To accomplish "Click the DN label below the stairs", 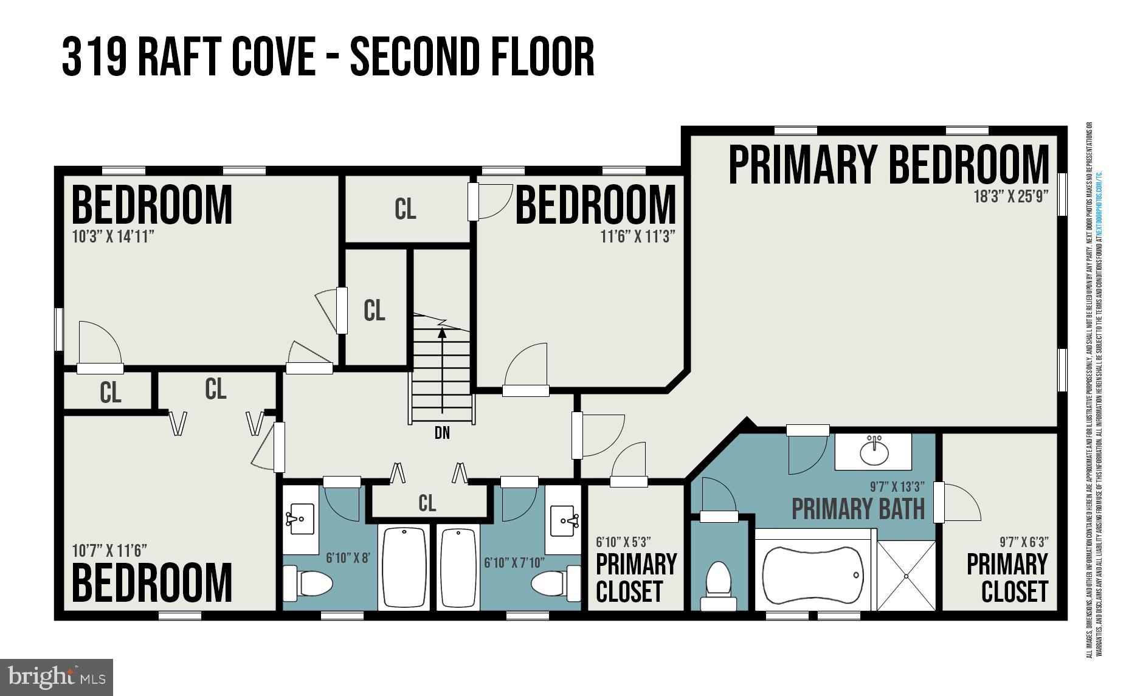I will (x=442, y=433).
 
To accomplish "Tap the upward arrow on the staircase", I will (x=442, y=333).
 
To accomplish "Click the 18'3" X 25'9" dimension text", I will (x=1010, y=197).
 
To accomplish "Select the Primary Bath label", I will (x=858, y=509).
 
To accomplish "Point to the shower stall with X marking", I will (x=906, y=575).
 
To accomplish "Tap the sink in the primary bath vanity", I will (x=874, y=451).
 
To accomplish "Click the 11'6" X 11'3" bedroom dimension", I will (x=638, y=237).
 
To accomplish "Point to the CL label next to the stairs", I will (x=374, y=311).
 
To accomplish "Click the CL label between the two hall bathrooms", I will (x=427, y=503).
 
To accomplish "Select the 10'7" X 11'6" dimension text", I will (x=109, y=551).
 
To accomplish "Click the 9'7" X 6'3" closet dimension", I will (x=1024, y=542).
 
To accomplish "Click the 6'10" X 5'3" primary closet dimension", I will (x=623, y=542).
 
